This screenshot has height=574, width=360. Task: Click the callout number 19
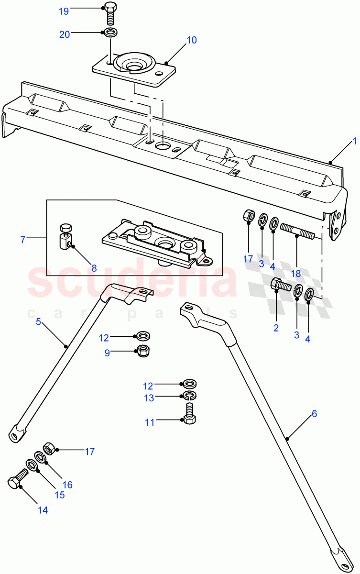(x=64, y=11)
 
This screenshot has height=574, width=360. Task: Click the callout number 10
(x=191, y=40)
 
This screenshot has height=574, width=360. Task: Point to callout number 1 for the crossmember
(x=354, y=141)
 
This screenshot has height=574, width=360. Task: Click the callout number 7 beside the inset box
(x=22, y=240)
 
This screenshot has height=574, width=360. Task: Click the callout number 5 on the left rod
(x=38, y=322)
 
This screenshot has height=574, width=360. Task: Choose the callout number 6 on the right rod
(x=314, y=414)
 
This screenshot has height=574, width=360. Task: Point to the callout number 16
(x=67, y=485)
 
